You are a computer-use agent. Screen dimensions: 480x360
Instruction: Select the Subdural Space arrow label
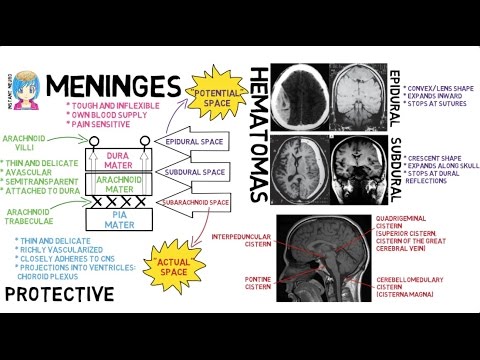click(x=196, y=172)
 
